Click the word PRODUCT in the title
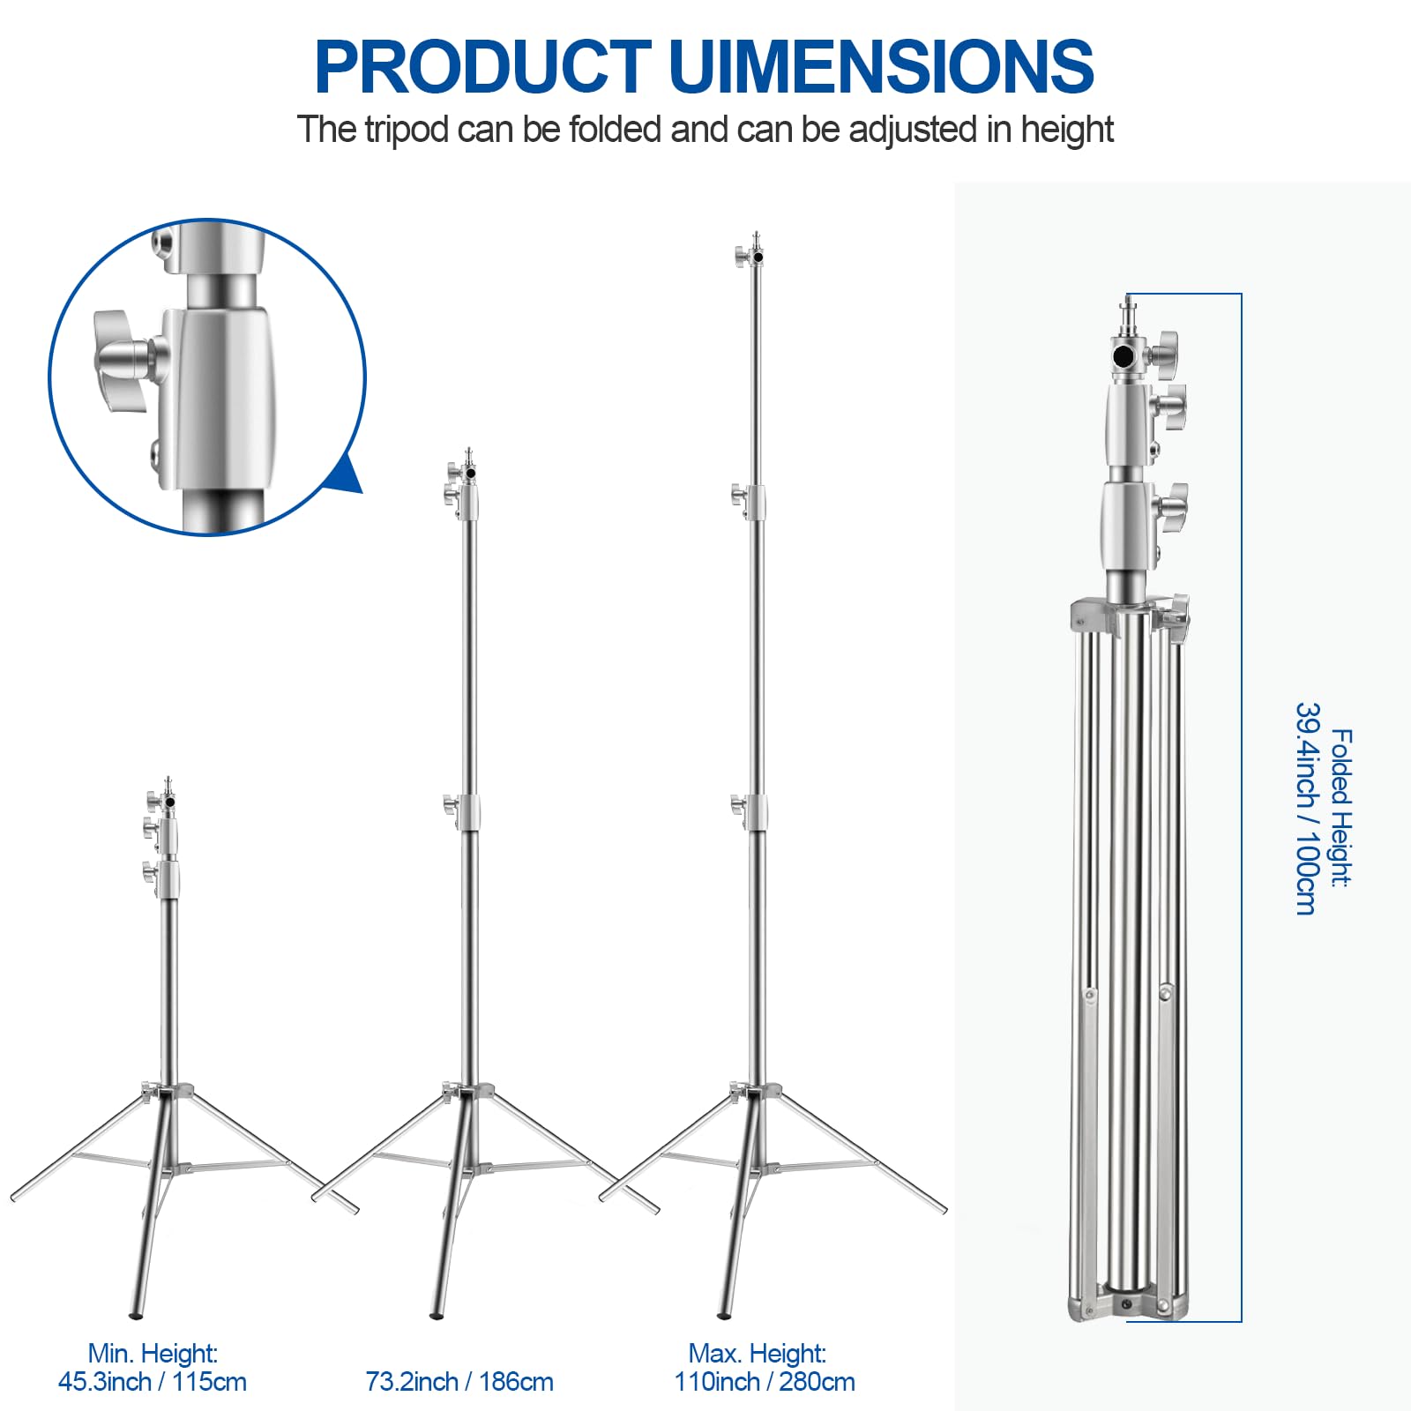[x=482, y=67]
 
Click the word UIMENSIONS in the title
[x=881, y=67]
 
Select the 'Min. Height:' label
[x=153, y=1353]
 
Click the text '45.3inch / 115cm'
[x=153, y=1382]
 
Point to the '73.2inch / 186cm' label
[x=459, y=1382]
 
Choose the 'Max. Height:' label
[x=758, y=1353]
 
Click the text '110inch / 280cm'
[x=765, y=1382]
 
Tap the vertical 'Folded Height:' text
[x=1340, y=808]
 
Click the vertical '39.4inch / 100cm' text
[x=1307, y=808]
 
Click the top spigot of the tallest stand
[x=757, y=240]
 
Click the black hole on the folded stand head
[x=1124, y=356]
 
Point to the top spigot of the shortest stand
[x=168, y=784]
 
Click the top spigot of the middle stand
[x=469, y=455]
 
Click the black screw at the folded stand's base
[x=1126, y=1304]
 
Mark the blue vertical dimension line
[x=1241, y=808]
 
